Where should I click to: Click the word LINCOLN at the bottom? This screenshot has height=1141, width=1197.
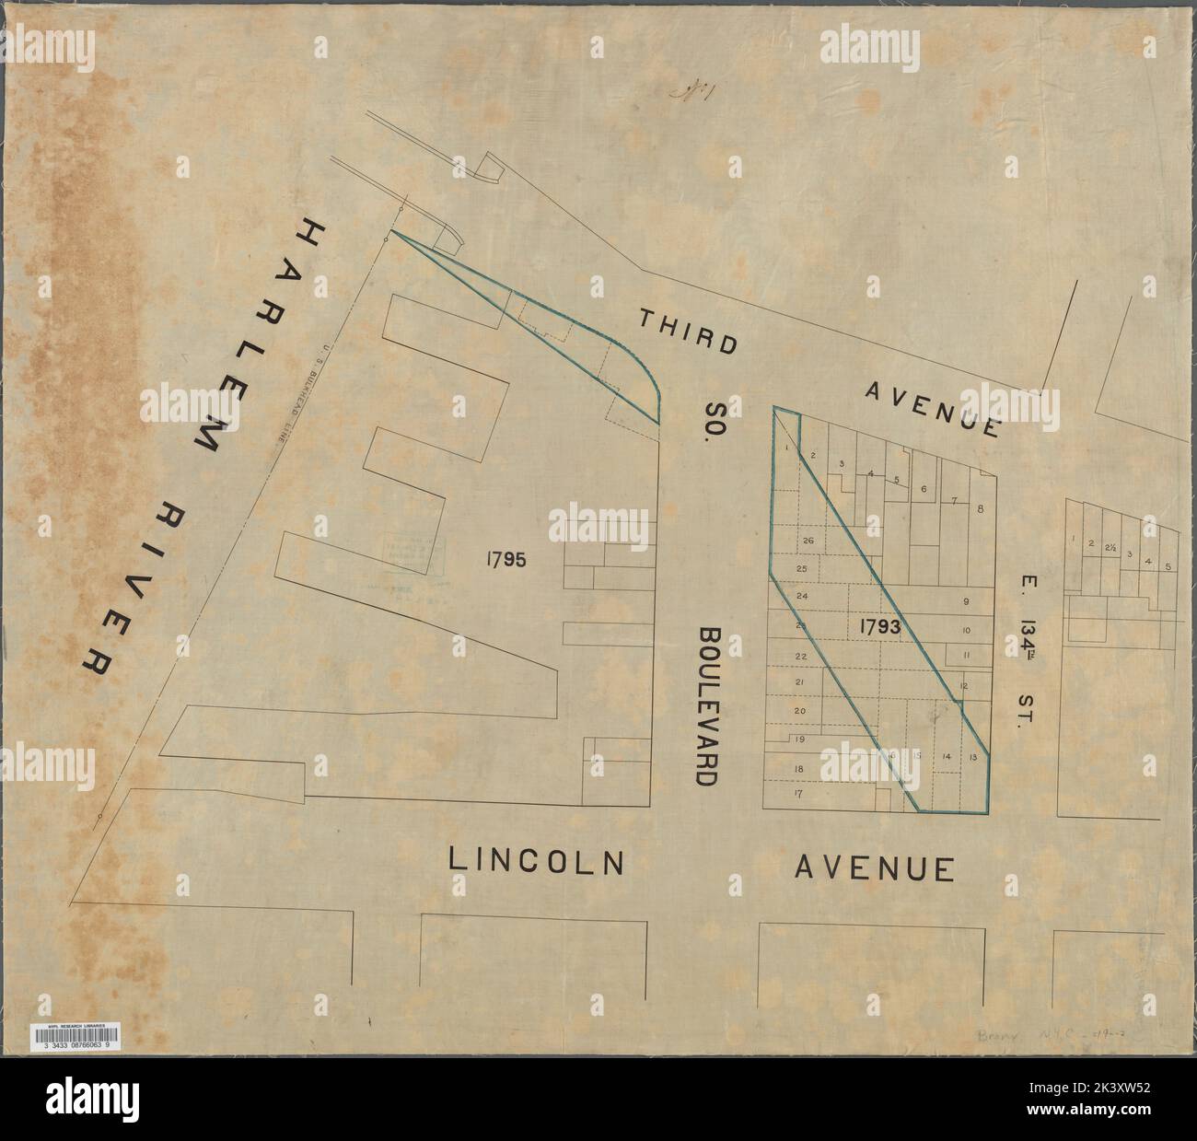point(537,860)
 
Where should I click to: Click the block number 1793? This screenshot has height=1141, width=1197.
point(880,625)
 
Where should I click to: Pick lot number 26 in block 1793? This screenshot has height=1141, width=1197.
point(808,540)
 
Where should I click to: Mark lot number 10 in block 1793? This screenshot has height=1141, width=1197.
point(967,631)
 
